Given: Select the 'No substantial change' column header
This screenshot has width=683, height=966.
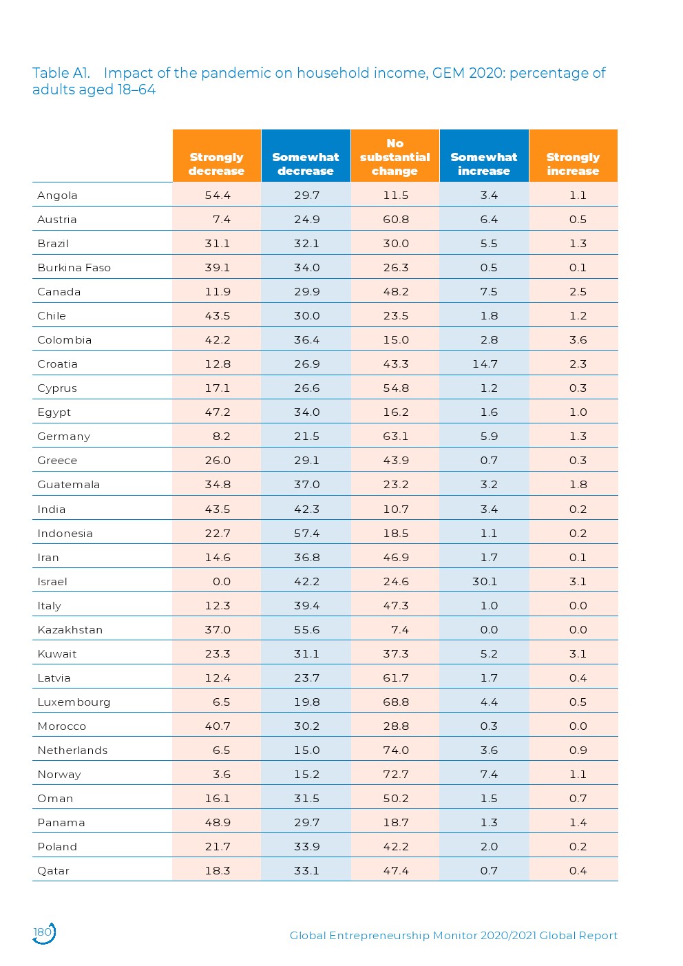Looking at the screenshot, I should pyautogui.click(x=395, y=157).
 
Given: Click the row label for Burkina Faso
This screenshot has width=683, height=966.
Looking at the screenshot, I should pyautogui.click(x=74, y=268).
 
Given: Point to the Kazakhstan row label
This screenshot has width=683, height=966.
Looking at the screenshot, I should pyautogui.click(x=70, y=630).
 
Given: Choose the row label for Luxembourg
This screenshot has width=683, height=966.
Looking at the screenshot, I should pyautogui.click(x=74, y=702).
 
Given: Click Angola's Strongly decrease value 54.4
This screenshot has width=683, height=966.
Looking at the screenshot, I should pyautogui.click(x=218, y=196).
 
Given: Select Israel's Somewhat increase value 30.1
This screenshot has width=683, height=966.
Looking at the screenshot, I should pyautogui.click(x=485, y=582).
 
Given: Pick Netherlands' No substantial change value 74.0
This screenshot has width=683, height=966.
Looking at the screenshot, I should pyautogui.click(x=396, y=750).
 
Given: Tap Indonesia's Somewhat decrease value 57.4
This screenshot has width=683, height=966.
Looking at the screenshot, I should pyautogui.click(x=306, y=534).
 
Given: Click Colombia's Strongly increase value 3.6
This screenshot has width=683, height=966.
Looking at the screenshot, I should pyautogui.click(x=578, y=340).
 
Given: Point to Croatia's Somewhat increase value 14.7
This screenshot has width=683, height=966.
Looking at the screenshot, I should pyautogui.click(x=485, y=364).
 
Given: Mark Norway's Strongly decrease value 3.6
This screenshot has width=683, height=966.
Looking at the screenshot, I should pyautogui.click(x=222, y=775).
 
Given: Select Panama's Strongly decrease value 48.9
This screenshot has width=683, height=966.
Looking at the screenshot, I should pyautogui.click(x=218, y=823).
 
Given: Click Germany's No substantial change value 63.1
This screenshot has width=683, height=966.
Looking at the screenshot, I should pyautogui.click(x=396, y=437).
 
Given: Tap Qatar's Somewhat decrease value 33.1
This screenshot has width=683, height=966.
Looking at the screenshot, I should pyautogui.click(x=306, y=871).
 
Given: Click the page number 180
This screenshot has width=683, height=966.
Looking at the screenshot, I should pyautogui.click(x=43, y=932).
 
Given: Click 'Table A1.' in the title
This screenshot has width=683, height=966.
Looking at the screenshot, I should pyautogui.click(x=61, y=73).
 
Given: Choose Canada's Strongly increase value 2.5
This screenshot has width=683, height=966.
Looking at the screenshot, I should pyautogui.click(x=578, y=292).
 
